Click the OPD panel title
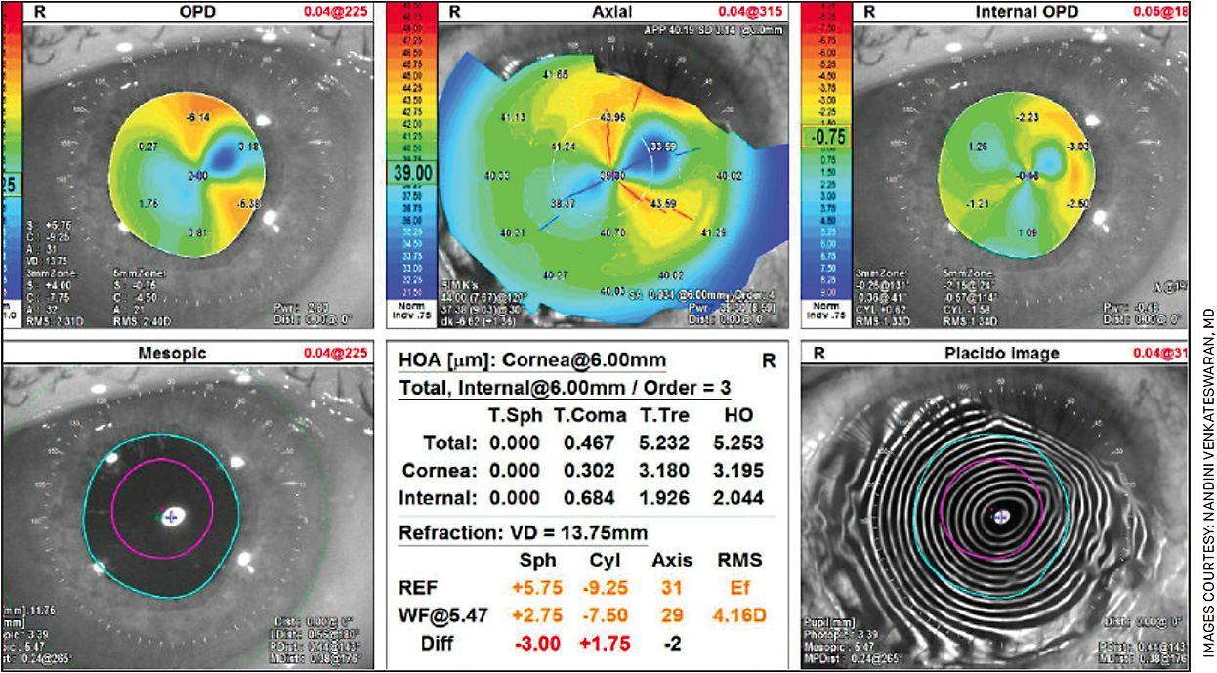coord(196,13)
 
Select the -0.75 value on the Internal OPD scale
coord(825,137)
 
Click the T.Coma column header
coord(589,416)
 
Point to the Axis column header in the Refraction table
coord(672,561)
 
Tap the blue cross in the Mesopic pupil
coord(172,517)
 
